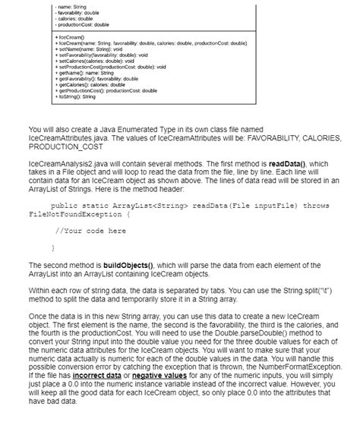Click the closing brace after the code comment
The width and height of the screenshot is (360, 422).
(x=52, y=247)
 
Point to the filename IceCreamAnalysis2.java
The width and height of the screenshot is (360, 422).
(x=67, y=164)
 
